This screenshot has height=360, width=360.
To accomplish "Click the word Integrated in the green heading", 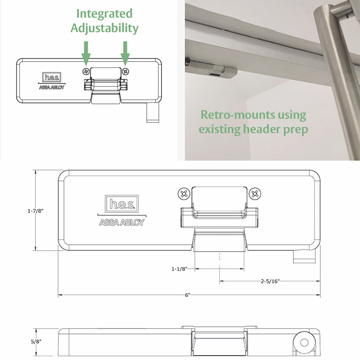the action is (104, 14).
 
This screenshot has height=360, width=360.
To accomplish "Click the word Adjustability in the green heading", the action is (104, 28).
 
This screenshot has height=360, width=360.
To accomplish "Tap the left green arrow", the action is (86, 53).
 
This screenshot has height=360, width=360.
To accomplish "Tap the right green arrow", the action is (125, 53).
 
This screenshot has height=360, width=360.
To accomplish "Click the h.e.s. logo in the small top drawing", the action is (52, 77).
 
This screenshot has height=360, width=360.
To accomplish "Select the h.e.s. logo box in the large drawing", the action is (121, 204).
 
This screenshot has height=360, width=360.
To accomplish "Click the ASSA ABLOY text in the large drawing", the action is (121, 222).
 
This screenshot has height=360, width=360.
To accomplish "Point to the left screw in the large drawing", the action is (184, 194).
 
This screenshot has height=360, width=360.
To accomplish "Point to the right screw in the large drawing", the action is (255, 194).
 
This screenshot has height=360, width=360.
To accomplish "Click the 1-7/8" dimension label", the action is (36, 211).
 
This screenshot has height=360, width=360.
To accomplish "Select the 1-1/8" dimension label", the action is (179, 269).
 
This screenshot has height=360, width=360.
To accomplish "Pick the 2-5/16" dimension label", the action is (270, 281).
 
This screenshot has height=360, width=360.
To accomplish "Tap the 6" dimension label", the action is (188, 295).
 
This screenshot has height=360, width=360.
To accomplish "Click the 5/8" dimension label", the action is (36, 342).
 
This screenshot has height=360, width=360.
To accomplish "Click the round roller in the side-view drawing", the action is (305, 342).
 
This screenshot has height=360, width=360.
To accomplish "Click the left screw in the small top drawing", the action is (86, 72).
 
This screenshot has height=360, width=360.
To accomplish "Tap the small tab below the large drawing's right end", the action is (304, 256).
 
